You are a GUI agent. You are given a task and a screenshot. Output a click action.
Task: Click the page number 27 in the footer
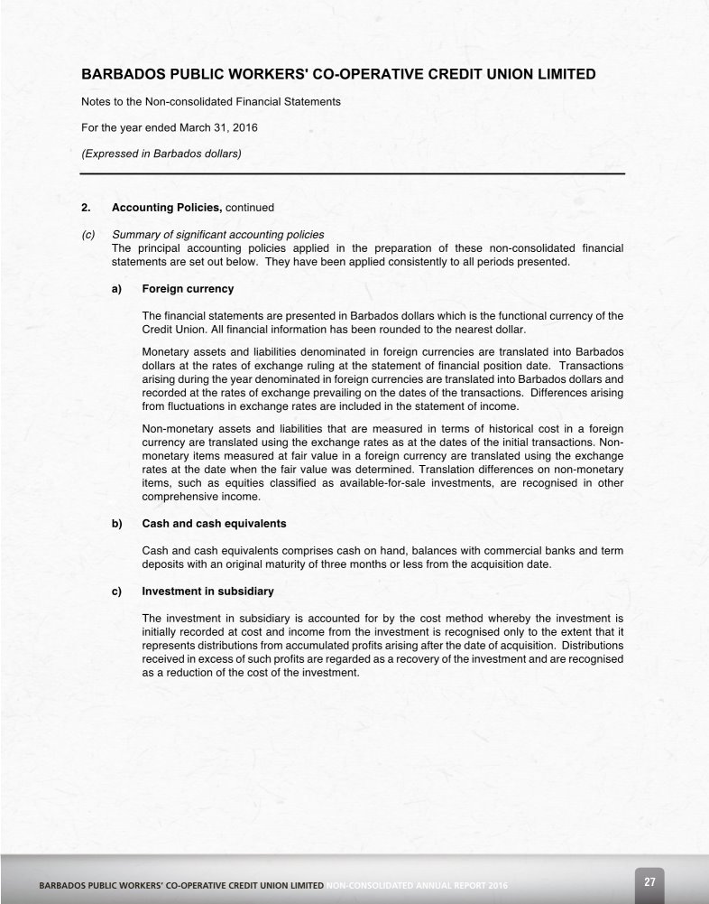[649, 881]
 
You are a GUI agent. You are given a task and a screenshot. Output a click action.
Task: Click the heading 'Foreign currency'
[188, 289]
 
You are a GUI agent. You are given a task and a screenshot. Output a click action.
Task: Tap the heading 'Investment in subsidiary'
[207, 592]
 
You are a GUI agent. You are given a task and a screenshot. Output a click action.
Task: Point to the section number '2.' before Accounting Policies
[87, 208]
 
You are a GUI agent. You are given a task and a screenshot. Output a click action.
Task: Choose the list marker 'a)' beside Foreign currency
[117, 289]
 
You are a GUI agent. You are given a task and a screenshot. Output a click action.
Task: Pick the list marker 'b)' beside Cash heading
[117, 524]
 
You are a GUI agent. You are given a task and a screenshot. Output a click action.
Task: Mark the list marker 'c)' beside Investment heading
[117, 592]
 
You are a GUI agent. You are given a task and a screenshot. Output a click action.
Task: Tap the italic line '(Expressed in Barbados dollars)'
[161, 153]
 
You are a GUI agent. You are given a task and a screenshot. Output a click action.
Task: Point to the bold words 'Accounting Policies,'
[167, 208]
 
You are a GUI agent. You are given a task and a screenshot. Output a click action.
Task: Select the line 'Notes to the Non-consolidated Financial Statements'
[211, 102]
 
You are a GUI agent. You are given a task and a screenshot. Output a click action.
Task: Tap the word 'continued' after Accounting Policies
[250, 208]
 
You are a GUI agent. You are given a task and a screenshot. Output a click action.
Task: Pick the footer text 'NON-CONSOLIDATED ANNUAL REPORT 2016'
[416, 887]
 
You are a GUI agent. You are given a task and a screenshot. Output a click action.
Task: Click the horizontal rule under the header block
[352, 172]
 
